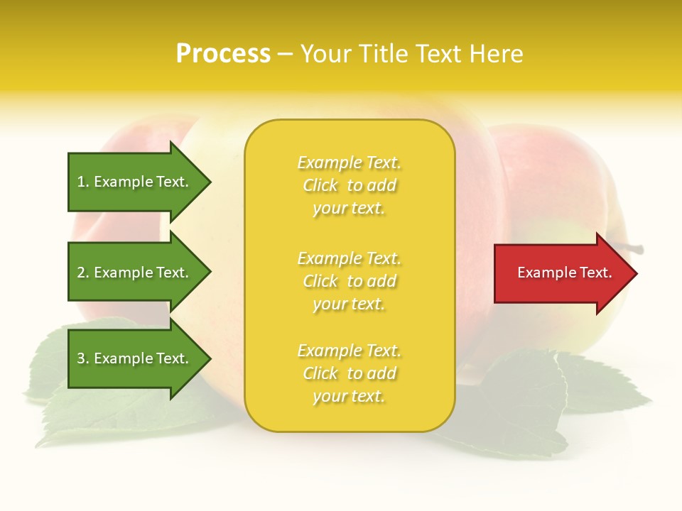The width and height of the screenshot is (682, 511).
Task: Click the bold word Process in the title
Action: (223, 54)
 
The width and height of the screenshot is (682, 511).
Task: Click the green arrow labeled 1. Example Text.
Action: (135, 182)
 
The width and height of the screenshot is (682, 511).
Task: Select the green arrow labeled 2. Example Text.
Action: (135, 273)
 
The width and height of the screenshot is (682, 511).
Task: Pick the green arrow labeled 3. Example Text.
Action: (135, 358)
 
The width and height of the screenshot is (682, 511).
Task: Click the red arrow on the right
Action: (561, 273)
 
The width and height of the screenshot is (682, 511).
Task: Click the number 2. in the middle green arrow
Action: (83, 273)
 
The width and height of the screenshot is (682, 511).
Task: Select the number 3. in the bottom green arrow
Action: (83, 358)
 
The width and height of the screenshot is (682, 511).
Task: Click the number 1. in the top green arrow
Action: (83, 182)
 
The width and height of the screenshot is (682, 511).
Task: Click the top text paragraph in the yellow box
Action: (349, 185)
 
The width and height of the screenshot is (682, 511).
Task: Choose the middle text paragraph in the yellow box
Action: (349, 281)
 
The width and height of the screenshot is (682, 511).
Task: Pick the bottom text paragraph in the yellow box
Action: (349, 373)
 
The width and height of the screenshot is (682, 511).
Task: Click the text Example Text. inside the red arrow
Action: (564, 273)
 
